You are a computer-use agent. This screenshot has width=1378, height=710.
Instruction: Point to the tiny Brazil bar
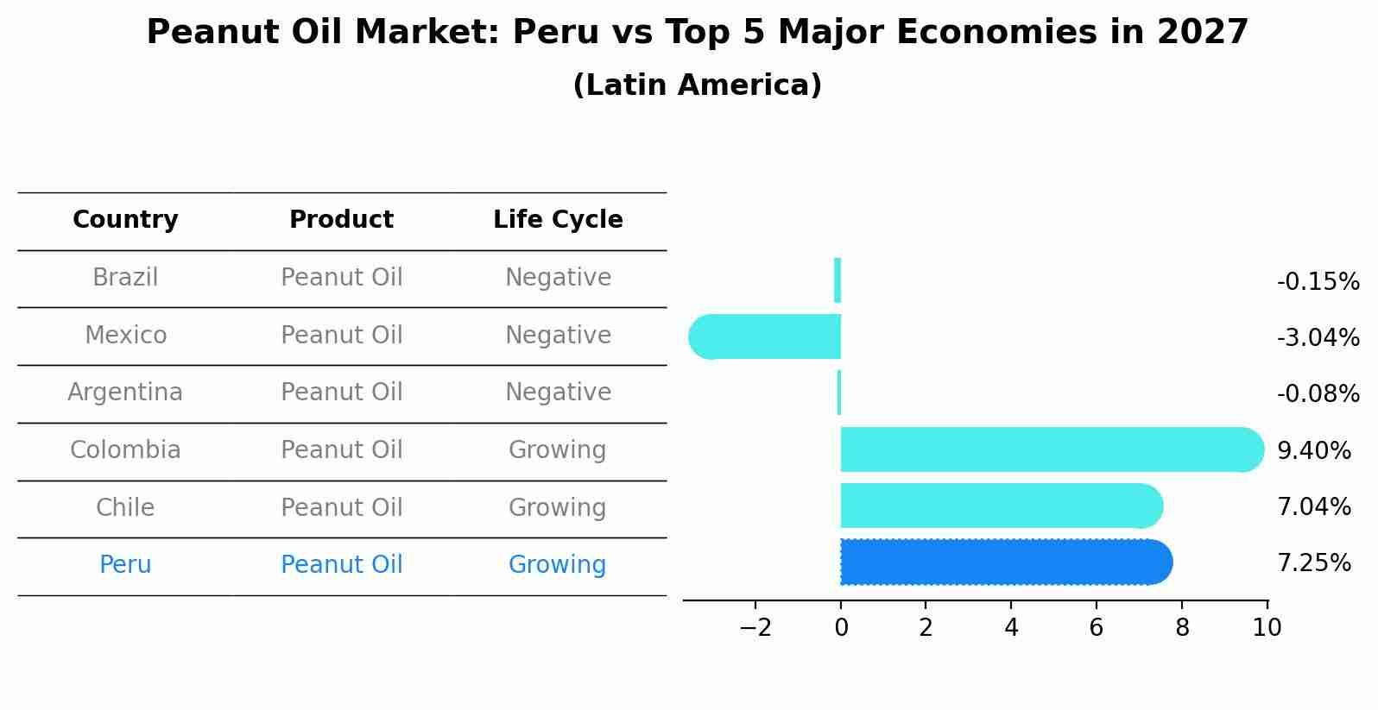838,280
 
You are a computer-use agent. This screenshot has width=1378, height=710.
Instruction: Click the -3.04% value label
1318,337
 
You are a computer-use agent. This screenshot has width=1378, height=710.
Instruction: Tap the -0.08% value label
1318,394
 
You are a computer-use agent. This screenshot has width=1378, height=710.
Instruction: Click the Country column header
125,220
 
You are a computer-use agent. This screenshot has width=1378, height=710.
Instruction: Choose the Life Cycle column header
558,220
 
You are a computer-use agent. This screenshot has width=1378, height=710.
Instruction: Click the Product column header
341,220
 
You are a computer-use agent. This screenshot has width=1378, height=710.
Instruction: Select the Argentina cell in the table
125,393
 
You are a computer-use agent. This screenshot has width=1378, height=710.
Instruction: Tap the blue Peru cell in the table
125,565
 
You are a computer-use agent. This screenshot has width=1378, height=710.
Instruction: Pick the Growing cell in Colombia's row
557,450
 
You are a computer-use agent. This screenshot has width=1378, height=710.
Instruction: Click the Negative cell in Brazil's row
558,278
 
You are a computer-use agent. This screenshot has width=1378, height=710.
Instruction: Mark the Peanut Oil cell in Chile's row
341,507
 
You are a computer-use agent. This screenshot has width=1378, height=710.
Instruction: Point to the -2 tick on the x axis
755,628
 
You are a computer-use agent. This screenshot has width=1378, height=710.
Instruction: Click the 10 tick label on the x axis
1267,628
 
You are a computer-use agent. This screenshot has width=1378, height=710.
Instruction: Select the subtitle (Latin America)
697,85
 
